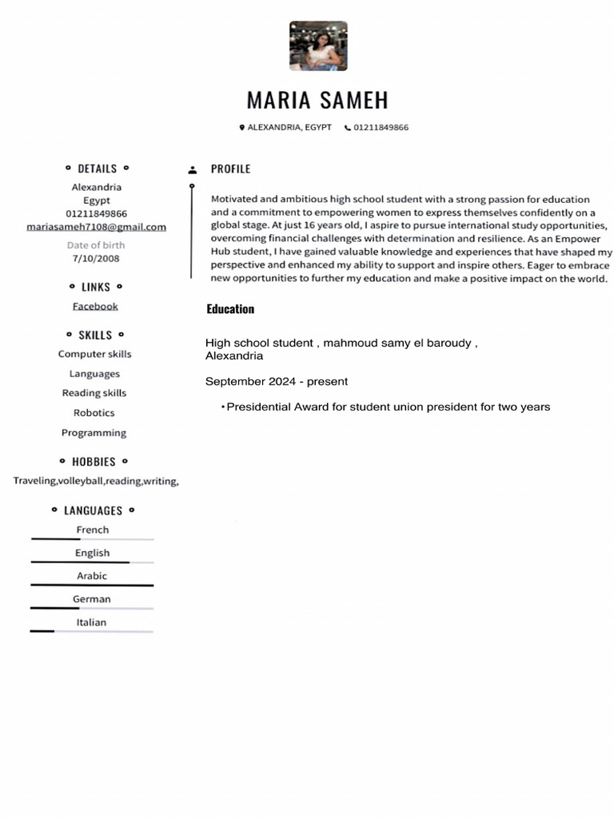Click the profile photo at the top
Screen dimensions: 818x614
[x=317, y=46]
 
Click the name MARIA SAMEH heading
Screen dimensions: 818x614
[x=317, y=101]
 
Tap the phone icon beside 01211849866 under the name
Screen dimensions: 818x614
[x=348, y=128]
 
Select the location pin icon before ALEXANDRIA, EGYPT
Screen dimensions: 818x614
[x=241, y=128]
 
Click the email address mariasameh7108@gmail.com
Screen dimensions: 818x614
[x=96, y=227]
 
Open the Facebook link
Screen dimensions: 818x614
[x=95, y=306]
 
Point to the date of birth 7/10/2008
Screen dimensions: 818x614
[x=96, y=259]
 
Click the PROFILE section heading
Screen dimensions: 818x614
[x=230, y=169]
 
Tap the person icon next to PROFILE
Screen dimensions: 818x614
[x=192, y=169]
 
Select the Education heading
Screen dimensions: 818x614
[x=230, y=309]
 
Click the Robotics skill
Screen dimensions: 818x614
[x=94, y=413]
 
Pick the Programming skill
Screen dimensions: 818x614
[x=94, y=433]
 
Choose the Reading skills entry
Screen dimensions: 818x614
[x=94, y=393]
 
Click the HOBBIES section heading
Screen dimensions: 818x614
[x=94, y=462]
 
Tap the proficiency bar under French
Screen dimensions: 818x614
[x=92, y=540]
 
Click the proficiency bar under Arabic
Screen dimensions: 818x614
[x=92, y=586]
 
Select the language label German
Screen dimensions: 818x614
[x=92, y=599]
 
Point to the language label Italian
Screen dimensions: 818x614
[x=92, y=622]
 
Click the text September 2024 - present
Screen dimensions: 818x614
[x=277, y=382]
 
